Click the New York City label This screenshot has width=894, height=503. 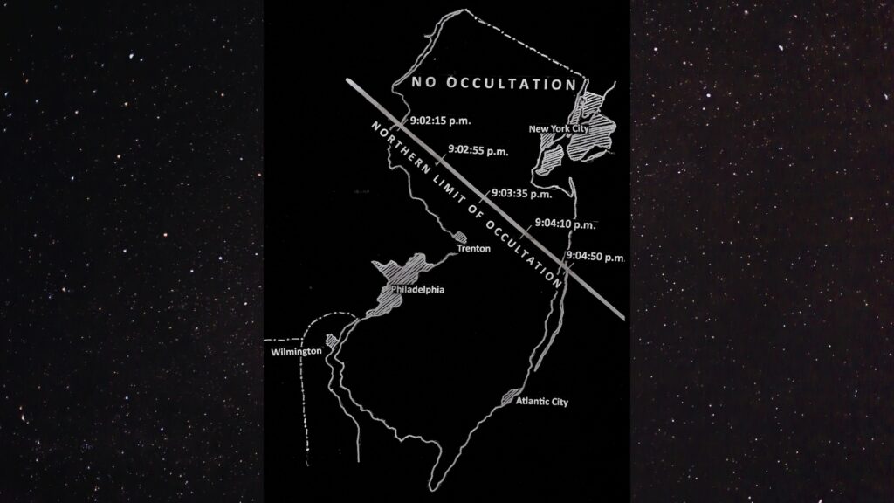click(560, 129)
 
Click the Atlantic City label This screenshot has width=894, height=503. click(542, 402)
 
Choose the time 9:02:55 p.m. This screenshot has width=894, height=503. click(478, 150)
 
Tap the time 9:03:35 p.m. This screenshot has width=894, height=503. click(521, 193)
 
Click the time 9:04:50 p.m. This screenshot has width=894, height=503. click(595, 257)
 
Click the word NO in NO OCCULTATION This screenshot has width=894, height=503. click(422, 85)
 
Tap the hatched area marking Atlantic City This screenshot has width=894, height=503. click(510, 398)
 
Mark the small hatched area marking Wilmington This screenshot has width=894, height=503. click(330, 340)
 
